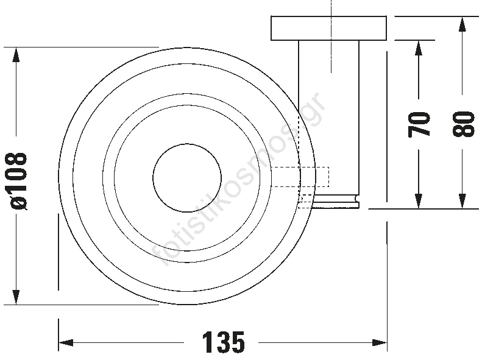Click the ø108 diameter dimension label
(18, 181)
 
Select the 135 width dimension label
(224, 342)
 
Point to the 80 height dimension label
(463, 124)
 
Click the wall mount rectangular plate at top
(328, 28)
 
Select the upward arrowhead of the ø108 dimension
(16, 55)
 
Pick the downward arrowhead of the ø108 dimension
(16, 297)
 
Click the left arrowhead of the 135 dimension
(66, 342)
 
